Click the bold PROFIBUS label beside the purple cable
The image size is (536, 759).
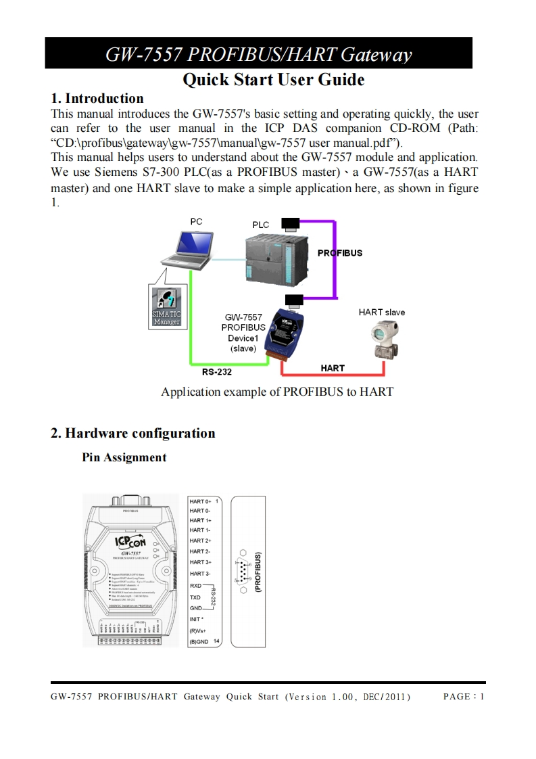340,253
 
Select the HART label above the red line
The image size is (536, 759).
333,368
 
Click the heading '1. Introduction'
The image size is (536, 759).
97,98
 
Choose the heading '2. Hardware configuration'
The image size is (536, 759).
133,433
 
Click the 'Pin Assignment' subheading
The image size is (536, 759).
124,457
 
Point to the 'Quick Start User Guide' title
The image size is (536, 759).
274,80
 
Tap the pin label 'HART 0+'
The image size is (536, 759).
200,501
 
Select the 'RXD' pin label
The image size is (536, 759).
195,585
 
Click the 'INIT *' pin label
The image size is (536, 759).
197,620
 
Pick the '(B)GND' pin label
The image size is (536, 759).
199,641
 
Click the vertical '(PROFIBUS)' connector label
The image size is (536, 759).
258,571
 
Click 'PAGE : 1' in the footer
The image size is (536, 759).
464,697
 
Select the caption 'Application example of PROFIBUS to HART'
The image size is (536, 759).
277,392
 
